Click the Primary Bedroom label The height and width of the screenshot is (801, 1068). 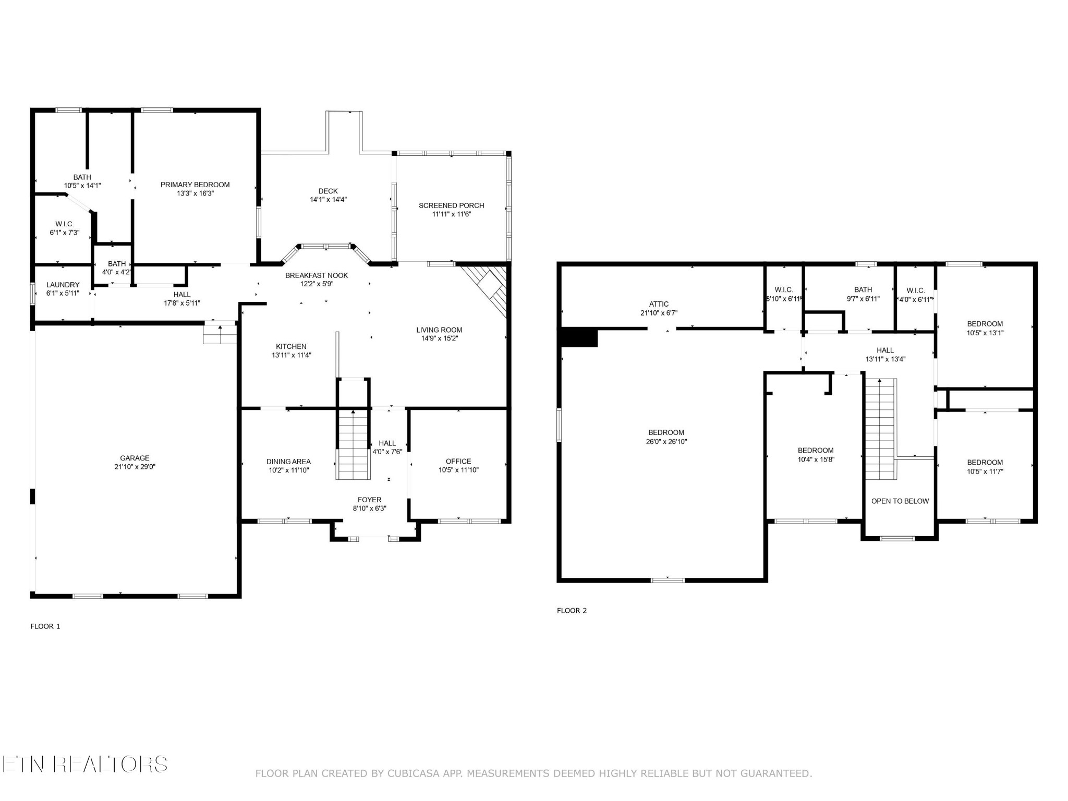tap(195, 185)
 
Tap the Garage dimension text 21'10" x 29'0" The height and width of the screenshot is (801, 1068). tap(135, 467)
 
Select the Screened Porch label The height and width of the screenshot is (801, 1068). tap(452, 205)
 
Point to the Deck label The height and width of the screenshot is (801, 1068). tap(328, 191)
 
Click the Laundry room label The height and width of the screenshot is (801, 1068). tap(63, 285)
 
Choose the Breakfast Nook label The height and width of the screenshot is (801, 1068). tap(317, 275)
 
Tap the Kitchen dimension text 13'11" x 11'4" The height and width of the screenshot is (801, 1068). tap(292, 355)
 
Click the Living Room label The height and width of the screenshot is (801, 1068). tap(439, 330)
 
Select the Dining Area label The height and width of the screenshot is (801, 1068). tap(288, 462)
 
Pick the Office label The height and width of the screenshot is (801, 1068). tap(458, 461)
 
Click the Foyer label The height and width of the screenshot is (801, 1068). tap(370, 500)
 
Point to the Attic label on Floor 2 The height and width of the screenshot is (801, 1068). tap(659, 304)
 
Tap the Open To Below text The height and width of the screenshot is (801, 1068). tap(900, 501)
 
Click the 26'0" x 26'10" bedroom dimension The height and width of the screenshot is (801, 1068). tap(666, 441)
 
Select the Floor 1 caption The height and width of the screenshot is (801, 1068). tap(45, 626)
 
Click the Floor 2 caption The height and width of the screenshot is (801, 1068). tap(572, 611)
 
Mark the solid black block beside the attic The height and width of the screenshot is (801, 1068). tap(578, 337)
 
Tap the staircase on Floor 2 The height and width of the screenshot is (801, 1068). tap(881, 429)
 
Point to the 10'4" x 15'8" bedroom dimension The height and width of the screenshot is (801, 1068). tap(816, 459)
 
